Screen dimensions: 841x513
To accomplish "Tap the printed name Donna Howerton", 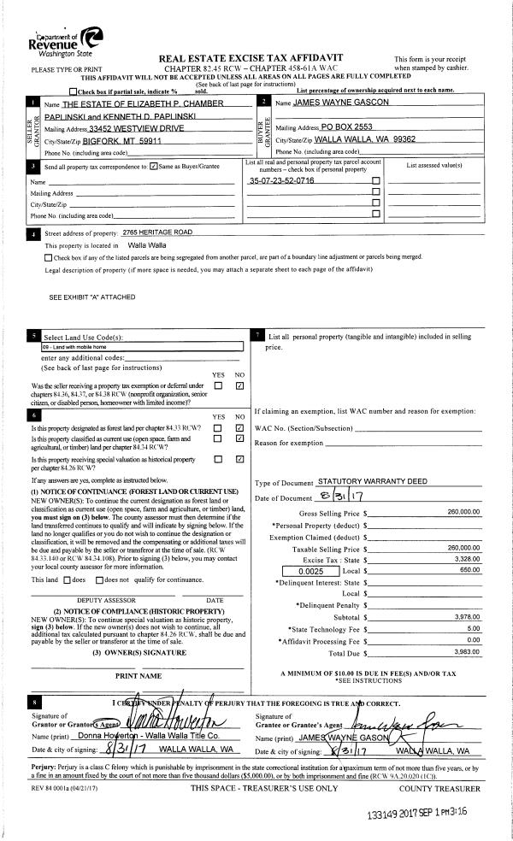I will point(110,735).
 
